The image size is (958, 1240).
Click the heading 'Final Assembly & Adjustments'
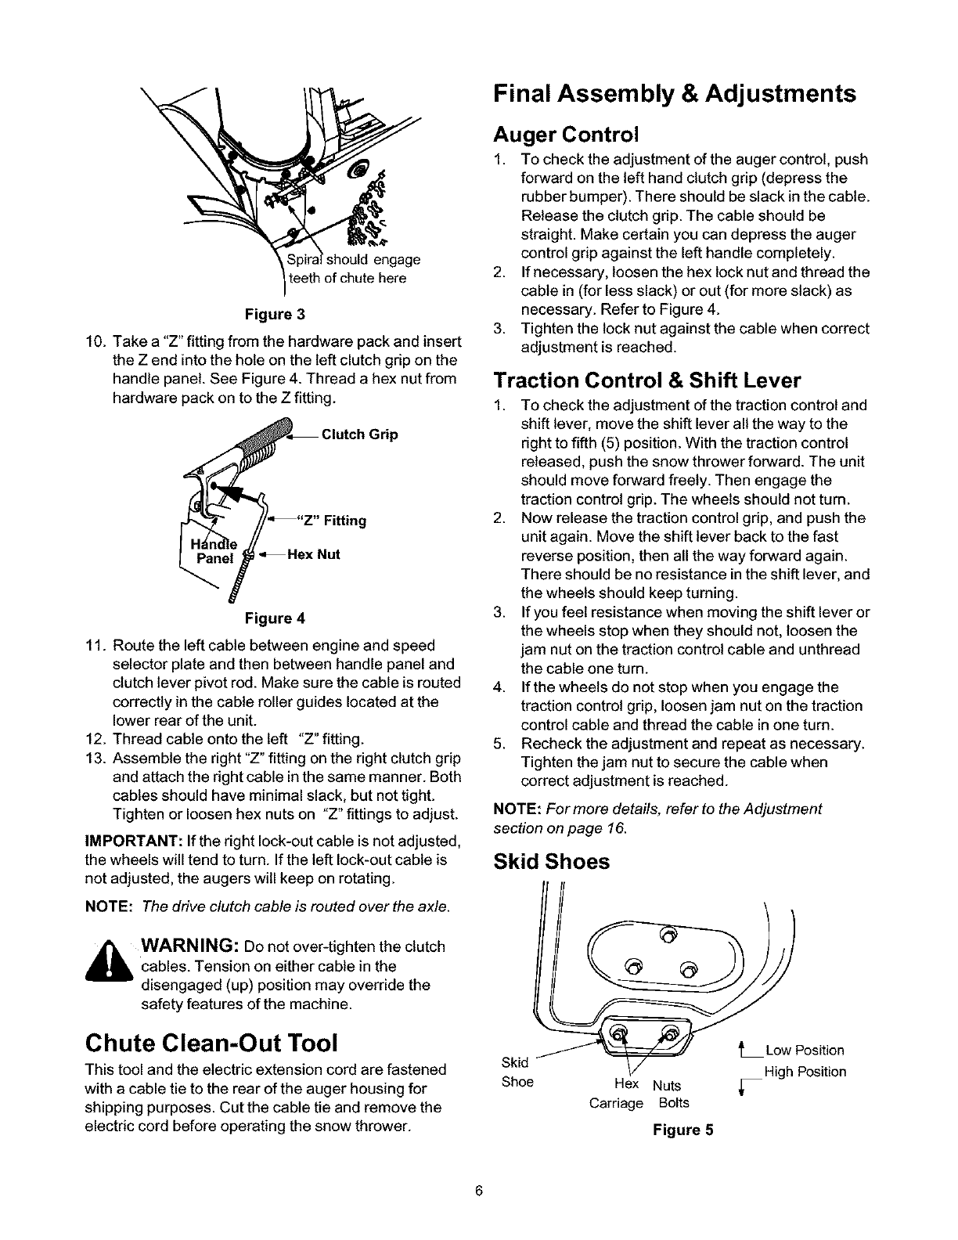pos(674,95)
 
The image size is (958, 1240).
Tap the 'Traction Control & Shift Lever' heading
pos(647,380)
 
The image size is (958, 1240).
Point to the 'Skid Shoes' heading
pos(551,862)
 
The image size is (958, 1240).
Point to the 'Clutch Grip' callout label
pos(359,434)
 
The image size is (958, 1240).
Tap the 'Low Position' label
pos(805,1050)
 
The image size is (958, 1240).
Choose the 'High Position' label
pos(805,1072)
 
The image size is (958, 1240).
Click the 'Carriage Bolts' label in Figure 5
pos(639,1103)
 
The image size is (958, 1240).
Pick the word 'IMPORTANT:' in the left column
pos(132,842)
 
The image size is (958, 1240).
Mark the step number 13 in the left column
pos(96,759)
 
